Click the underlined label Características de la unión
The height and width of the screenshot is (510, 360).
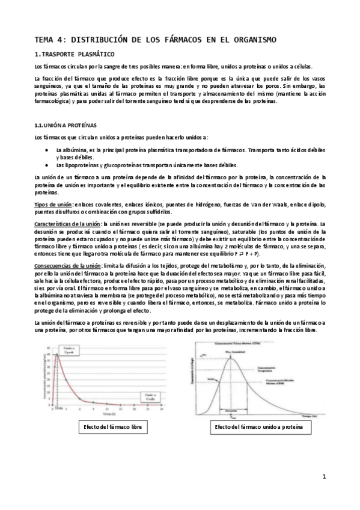tap(68, 224)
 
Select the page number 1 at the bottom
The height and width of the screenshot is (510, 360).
tap(323, 478)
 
